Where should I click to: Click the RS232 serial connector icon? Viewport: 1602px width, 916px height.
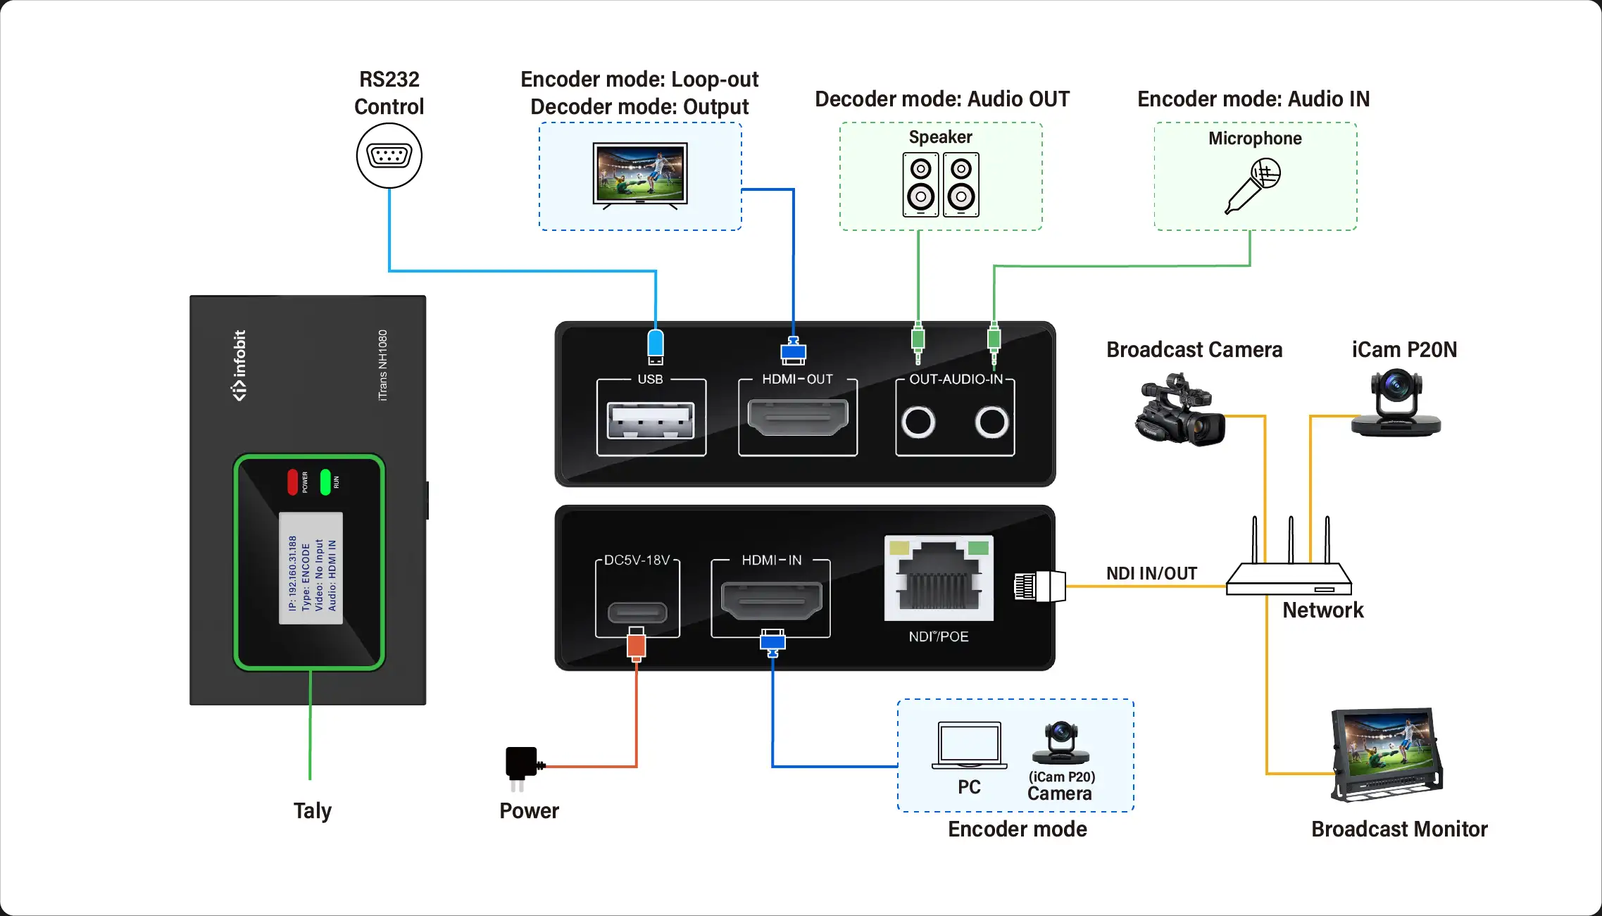pyautogui.click(x=389, y=156)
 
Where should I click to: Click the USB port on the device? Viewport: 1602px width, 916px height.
pyautogui.click(x=651, y=420)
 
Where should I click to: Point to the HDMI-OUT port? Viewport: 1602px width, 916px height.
pyautogui.click(x=797, y=417)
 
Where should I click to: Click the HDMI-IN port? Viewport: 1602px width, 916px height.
pyautogui.click(x=772, y=601)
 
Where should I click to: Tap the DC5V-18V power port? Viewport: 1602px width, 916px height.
pyautogui.click(x=637, y=611)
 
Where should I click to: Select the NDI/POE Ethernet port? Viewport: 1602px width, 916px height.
pyautogui.click(x=939, y=579)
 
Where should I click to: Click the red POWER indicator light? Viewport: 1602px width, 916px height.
pyautogui.click(x=293, y=482)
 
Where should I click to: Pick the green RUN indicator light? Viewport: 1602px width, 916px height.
pyautogui.click(x=325, y=482)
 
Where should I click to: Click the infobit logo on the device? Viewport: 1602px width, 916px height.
pyautogui.click(x=239, y=365)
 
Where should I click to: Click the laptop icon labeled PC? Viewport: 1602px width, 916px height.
pyautogui.click(x=969, y=745)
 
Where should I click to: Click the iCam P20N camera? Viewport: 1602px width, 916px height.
pyautogui.click(x=1396, y=403)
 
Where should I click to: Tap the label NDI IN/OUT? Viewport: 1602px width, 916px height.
pyautogui.click(x=1151, y=573)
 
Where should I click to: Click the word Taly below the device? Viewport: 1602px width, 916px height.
pyautogui.click(x=312, y=810)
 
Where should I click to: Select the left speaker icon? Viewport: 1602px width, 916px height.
pyautogui.click(x=920, y=185)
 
